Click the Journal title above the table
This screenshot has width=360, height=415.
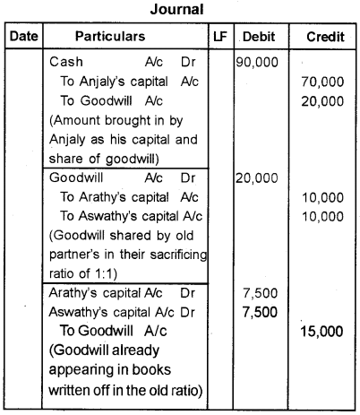tap(179, 10)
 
